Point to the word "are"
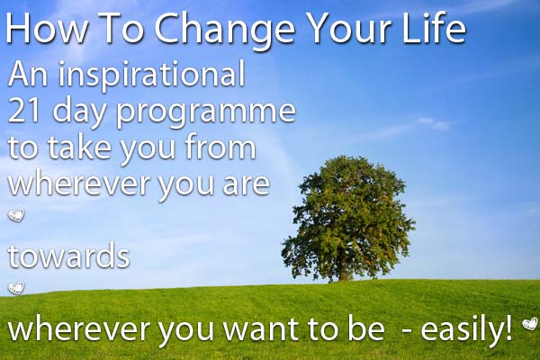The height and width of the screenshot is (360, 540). coord(240,184)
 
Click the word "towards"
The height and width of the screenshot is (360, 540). coord(69,256)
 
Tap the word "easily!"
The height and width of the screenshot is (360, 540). coord(469,330)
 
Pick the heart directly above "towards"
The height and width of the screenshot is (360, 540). coord(15,216)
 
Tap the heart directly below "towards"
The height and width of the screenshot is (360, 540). coord(15,288)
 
